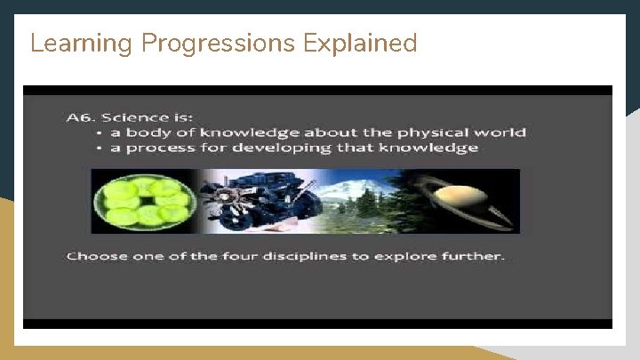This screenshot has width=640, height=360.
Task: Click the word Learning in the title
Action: tap(68, 44)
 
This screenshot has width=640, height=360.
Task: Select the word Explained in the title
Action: tap(361, 43)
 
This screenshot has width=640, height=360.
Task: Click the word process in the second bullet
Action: tap(155, 148)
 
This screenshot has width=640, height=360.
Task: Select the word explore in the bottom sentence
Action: tap(425, 257)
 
